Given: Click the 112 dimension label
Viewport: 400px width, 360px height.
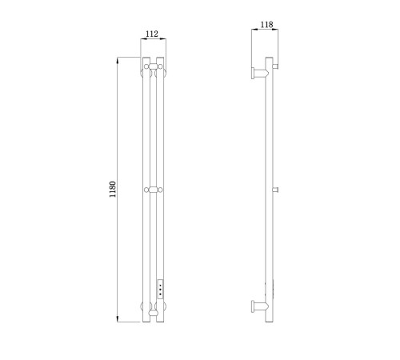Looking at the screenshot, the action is [152, 34].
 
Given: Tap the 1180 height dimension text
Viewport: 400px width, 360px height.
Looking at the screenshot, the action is [113, 190].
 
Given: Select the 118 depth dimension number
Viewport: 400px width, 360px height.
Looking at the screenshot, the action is [266, 25].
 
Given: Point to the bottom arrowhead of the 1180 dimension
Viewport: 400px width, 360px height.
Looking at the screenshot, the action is [117, 319].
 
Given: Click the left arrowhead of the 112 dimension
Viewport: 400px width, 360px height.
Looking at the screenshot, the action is [143, 39].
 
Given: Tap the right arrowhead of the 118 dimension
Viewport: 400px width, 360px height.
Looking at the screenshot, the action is [275, 30].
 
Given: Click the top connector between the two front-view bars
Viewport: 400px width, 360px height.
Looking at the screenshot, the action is [153, 66].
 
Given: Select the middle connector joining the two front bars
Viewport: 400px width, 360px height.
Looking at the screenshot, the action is [153, 190].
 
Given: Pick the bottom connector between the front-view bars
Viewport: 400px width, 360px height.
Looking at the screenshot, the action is [153, 313].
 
